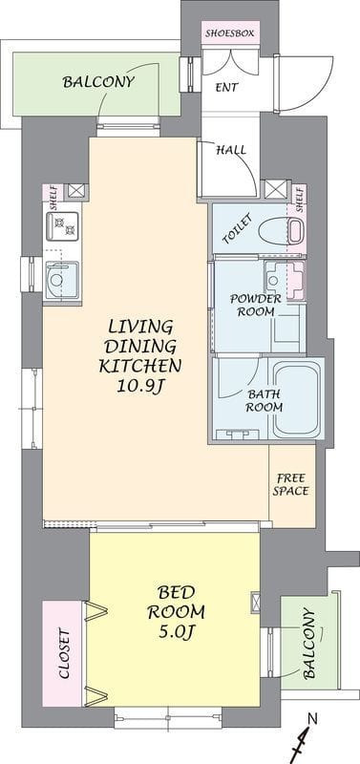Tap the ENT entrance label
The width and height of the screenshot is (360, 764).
click(x=227, y=88)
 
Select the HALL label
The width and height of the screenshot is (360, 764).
click(x=231, y=150)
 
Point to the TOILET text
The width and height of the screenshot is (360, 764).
click(x=237, y=229)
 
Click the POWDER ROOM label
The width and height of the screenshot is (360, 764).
click(x=256, y=305)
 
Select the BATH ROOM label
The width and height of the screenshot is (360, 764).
click(x=265, y=400)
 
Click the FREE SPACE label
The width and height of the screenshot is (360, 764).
click(x=290, y=484)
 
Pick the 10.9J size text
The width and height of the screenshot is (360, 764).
click(x=138, y=387)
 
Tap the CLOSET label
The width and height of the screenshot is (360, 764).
click(x=65, y=654)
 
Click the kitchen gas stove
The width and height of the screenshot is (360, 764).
click(x=62, y=226)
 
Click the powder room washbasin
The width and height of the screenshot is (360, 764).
click(x=273, y=280)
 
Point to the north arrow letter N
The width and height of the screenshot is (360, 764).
click(x=314, y=718)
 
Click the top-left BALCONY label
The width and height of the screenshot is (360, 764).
click(x=98, y=82)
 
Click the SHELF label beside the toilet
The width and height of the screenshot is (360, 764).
click(x=300, y=200)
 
